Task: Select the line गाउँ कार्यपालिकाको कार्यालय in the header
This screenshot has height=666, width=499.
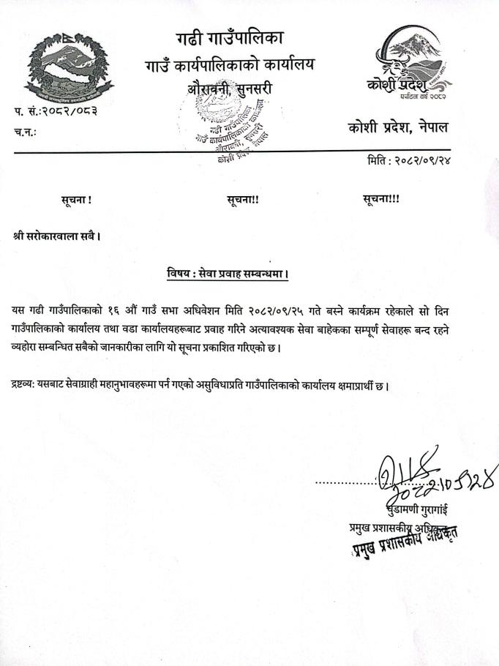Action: (x=228, y=65)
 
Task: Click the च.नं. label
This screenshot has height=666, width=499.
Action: (x=25, y=132)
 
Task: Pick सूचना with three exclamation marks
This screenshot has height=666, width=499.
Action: (x=381, y=199)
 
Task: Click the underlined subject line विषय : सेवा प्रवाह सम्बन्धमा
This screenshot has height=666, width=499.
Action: (x=228, y=275)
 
